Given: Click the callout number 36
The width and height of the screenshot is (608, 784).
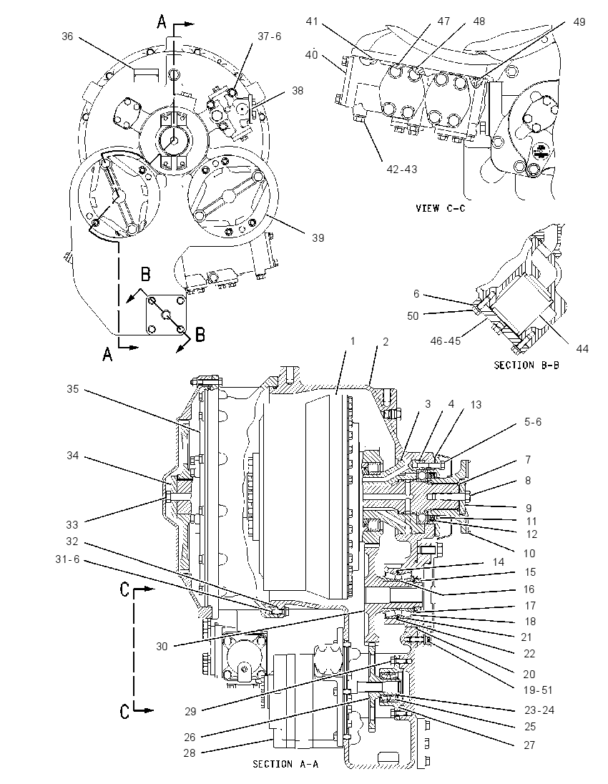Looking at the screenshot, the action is click(68, 36).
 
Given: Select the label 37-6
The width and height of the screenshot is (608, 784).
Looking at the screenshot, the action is click(270, 36).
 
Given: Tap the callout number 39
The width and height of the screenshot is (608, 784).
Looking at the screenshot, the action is click(318, 238).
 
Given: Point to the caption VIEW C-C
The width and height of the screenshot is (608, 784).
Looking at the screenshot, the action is click(440, 208).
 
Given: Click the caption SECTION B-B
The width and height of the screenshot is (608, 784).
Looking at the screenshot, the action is click(526, 365).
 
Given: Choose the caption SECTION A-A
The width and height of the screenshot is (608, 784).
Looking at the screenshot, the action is click(285, 764).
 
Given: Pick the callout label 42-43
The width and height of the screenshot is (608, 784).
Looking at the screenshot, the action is click(401, 170).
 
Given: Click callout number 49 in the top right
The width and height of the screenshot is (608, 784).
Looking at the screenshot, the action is click(579, 22).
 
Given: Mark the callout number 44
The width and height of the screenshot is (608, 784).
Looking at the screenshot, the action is click(582, 348).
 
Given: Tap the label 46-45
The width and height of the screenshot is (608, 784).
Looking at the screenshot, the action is click(446, 341).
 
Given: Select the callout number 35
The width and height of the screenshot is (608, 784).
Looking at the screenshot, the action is click(73, 389).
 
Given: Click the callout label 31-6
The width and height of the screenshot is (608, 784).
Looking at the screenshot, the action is click(67, 559).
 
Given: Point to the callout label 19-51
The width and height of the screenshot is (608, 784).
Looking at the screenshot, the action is click(538, 690).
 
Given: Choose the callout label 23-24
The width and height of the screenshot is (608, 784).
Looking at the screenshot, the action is click(539, 710).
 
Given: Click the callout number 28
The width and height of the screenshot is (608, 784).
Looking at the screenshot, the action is click(189, 753).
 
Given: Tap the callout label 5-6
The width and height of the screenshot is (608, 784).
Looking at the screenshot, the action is click(532, 421).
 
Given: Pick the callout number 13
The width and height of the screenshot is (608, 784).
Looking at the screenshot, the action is click(476, 404).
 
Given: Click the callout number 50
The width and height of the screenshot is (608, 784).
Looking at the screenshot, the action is click(413, 316).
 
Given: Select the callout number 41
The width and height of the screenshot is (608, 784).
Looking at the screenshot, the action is click(312, 21).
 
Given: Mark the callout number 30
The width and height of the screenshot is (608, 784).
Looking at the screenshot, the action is click(162, 647).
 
